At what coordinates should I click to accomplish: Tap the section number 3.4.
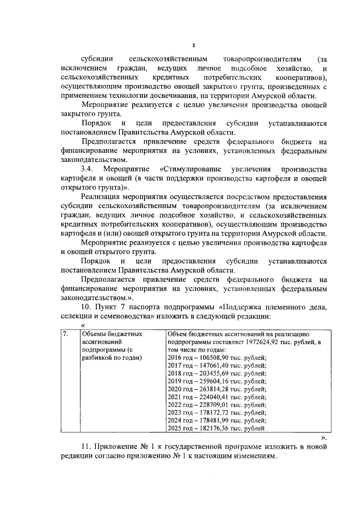pos(88,169)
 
